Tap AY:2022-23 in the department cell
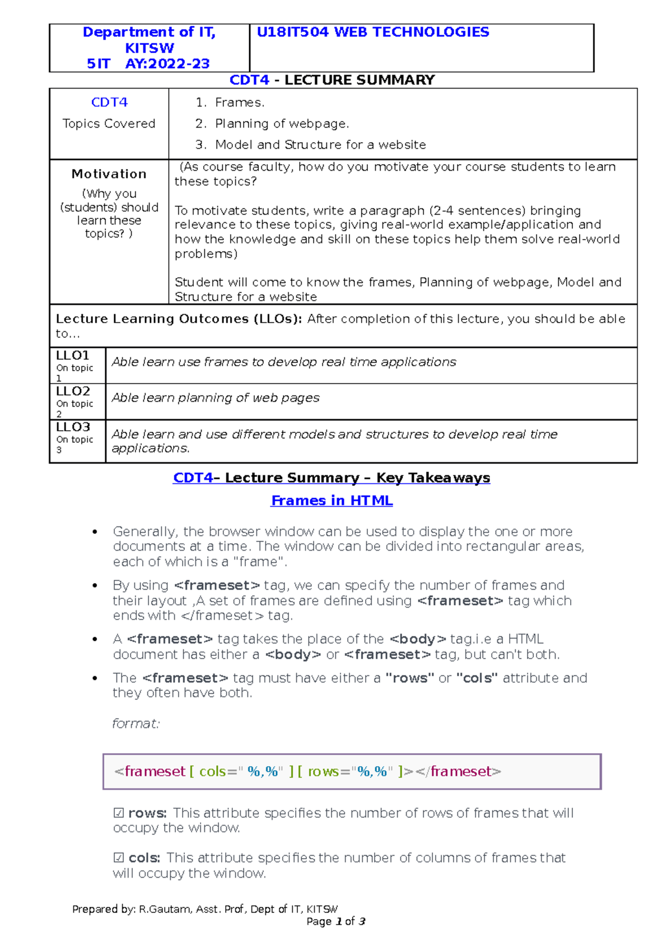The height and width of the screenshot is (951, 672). pos(167,64)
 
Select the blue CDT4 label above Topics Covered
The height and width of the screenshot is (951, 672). pos(109,102)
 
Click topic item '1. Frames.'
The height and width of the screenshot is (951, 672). pos(230,102)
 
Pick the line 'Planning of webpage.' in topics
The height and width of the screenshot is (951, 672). pos(282,124)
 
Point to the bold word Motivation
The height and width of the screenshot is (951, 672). pos(109,174)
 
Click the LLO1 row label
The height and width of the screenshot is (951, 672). pos(73,356)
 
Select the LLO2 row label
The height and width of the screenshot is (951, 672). pos(73,391)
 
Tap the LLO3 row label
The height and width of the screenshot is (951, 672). pos(73,427)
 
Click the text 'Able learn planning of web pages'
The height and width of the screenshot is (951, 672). pos(216,398)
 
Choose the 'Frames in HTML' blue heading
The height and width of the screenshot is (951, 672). pos(332,501)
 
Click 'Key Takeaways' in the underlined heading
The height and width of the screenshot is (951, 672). pos(433,478)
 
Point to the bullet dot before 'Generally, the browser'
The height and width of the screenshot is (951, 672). pos(95,532)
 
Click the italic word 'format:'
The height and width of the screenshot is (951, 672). pos(136,724)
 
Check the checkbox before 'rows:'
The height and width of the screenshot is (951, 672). pos(119,813)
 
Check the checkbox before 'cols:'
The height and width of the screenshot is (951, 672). pos(119,858)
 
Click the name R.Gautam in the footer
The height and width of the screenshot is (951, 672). pos(165,910)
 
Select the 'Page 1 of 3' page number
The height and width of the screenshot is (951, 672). pos(336,922)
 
